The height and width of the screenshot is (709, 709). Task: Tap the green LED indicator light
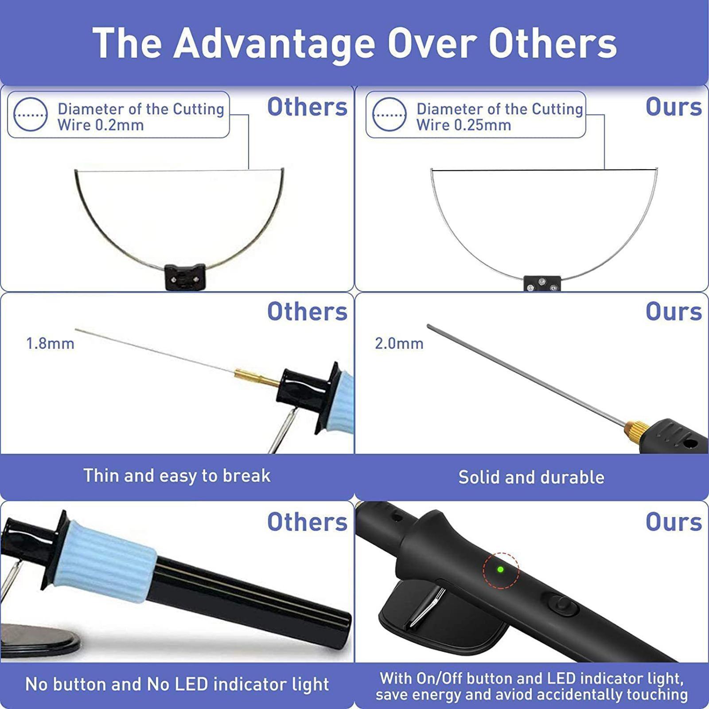coord(500,569)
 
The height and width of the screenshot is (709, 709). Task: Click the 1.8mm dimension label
coord(50,343)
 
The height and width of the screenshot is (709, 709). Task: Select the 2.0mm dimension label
coord(399,343)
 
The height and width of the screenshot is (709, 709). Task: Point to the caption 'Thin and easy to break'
coord(177,475)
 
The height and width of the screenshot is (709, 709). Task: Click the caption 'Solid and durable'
coord(531,477)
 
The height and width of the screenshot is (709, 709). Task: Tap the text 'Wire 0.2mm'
coord(101,125)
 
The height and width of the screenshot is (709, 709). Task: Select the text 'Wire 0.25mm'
coord(464,125)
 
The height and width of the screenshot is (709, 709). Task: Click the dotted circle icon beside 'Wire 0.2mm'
coord(31,114)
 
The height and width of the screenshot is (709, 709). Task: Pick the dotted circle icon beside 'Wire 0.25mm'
coord(390,114)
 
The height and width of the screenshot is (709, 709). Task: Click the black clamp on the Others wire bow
coord(185,277)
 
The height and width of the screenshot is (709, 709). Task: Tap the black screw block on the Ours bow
coord(542,284)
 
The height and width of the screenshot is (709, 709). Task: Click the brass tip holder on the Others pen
coord(257,378)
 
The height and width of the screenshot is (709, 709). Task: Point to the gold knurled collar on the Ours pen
coord(632,429)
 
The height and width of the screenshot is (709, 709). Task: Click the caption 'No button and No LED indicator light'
coord(177,684)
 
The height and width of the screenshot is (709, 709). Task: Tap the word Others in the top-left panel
coord(307,107)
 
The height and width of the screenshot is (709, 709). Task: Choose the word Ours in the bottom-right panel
coord(674,522)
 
